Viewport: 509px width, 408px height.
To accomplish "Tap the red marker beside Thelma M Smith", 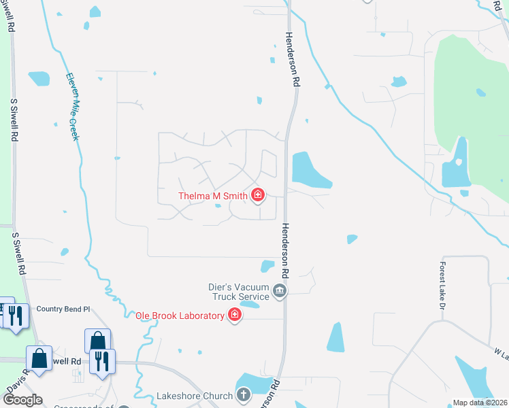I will [x=258, y=196].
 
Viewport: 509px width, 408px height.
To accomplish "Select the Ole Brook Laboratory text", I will [x=180, y=316].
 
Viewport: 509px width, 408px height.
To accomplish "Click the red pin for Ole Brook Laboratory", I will [x=235, y=315].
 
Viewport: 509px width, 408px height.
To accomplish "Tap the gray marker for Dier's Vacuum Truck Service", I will [x=280, y=292].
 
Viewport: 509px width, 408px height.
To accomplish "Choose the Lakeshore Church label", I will [x=195, y=395].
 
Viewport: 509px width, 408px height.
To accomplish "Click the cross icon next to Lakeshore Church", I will [x=244, y=395].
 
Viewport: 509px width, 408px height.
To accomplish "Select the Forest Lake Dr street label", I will [x=442, y=286].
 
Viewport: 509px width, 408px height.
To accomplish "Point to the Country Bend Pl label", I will [x=63, y=309].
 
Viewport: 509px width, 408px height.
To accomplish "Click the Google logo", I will [x=22, y=400].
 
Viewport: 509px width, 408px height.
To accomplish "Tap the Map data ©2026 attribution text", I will [x=480, y=403].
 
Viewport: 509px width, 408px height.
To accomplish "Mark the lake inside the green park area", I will [x=456, y=165].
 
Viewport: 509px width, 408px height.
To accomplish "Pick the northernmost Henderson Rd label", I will [x=293, y=59].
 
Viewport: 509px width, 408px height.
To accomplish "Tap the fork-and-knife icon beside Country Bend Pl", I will [x=17, y=316].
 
